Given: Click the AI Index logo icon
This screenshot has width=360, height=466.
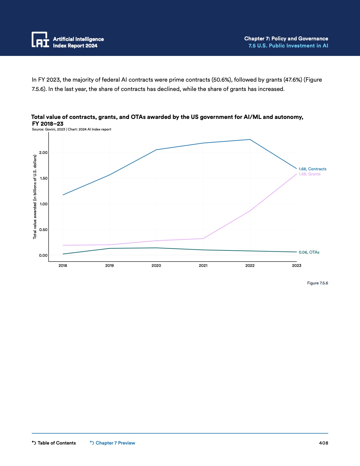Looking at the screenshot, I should [40, 39].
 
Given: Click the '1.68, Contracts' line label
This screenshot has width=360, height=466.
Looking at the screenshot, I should [312, 169].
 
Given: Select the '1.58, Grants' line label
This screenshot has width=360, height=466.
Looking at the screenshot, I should [309, 174].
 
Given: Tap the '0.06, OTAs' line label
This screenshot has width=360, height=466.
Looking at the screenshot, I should [309, 252].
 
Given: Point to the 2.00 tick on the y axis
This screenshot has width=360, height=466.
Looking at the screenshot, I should [43, 153].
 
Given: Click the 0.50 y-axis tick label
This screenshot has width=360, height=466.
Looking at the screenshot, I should [43, 230].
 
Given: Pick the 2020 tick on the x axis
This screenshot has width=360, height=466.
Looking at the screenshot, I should [156, 265].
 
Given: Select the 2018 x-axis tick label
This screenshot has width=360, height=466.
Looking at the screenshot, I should [63, 265].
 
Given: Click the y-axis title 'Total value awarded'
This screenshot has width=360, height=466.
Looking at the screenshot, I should [35, 197].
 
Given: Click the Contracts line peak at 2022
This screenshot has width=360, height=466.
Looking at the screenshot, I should [250, 140].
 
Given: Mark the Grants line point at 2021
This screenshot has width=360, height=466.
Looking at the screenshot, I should [203, 239].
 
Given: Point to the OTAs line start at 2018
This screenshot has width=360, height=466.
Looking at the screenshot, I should [63, 254].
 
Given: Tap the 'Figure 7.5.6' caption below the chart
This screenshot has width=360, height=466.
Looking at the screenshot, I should [317, 283].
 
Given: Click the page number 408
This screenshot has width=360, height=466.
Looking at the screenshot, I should [324, 443].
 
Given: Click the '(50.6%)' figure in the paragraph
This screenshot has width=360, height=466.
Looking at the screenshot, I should [222, 80].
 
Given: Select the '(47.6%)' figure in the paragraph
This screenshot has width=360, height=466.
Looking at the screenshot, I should [293, 80].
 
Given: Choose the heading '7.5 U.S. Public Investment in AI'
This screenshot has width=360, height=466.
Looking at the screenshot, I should [288, 46].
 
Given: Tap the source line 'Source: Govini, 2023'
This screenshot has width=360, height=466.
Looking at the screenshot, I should [48, 129].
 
